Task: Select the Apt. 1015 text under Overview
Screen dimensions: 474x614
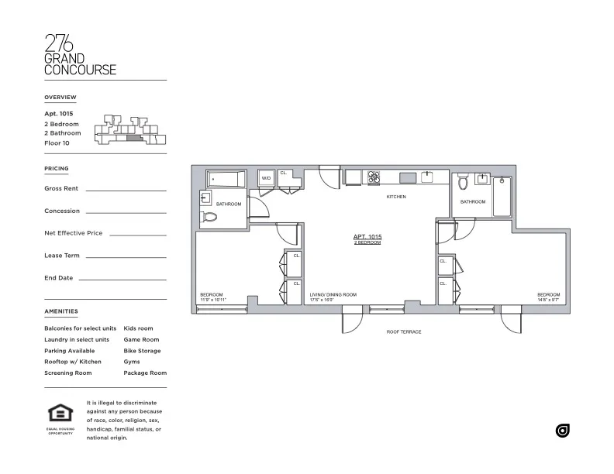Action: (x=60, y=113)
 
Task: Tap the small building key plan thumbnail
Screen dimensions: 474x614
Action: (x=129, y=129)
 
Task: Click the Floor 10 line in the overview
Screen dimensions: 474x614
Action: (x=57, y=143)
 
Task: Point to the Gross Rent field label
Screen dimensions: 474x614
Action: (x=62, y=188)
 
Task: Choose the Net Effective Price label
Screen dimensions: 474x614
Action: (x=74, y=233)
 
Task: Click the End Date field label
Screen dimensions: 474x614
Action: (x=59, y=277)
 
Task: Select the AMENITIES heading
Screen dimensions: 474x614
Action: (x=61, y=311)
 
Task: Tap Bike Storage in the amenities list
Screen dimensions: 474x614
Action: (x=142, y=351)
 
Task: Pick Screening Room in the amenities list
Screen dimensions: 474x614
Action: (x=68, y=373)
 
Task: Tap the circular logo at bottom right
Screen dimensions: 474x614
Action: (x=562, y=431)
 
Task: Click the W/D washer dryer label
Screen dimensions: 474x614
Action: (x=266, y=178)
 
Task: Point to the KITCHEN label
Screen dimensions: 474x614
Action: (x=396, y=197)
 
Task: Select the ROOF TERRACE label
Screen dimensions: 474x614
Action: (x=403, y=332)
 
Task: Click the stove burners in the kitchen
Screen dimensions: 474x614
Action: (x=374, y=177)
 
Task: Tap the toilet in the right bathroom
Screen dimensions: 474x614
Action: (x=463, y=184)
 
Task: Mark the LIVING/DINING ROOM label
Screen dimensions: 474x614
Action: (x=333, y=295)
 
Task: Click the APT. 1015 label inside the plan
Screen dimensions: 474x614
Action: (x=367, y=237)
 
